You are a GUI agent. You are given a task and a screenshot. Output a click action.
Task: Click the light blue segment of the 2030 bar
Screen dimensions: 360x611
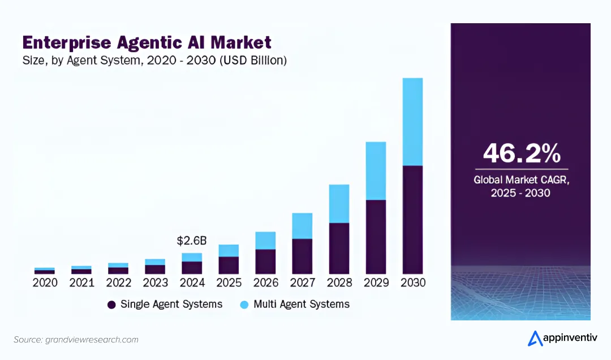pyautogui.click(x=412, y=122)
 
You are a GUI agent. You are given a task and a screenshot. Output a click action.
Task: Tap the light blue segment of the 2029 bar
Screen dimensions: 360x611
pyautogui.click(x=376, y=170)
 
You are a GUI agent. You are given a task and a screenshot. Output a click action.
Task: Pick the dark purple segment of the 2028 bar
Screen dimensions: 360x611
pyautogui.click(x=339, y=248)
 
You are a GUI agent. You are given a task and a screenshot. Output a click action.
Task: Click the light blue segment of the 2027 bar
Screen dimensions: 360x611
pyautogui.click(x=302, y=226)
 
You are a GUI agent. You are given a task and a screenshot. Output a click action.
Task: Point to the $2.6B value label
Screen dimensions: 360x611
pyautogui.click(x=192, y=241)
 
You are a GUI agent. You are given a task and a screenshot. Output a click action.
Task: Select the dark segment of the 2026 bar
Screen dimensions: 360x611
pyautogui.click(x=265, y=262)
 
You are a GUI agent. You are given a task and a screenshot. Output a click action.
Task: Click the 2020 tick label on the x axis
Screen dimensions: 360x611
pyautogui.click(x=45, y=282)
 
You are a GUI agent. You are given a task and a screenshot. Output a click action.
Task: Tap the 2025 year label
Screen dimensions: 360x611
pyautogui.click(x=229, y=282)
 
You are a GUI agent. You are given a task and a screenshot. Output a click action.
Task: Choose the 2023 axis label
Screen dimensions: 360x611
pyautogui.click(x=155, y=282)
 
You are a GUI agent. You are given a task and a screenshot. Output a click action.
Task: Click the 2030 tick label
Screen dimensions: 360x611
pyautogui.click(x=412, y=282)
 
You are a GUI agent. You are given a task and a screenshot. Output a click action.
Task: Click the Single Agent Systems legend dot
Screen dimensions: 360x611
pyautogui.click(x=111, y=305)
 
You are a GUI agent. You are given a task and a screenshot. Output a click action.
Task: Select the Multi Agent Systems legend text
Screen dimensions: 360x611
pyautogui.click(x=301, y=304)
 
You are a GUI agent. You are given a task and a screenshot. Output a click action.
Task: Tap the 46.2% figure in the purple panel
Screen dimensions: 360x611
pyautogui.click(x=521, y=153)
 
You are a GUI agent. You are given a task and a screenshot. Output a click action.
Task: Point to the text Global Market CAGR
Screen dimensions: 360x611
pyautogui.click(x=521, y=180)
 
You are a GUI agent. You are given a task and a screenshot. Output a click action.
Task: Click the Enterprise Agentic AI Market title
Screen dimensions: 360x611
pyautogui.click(x=147, y=42)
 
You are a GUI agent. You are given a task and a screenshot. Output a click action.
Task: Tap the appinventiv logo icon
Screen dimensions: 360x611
pyautogui.click(x=535, y=338)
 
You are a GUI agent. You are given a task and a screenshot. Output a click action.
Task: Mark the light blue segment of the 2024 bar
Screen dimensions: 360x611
pyautogui.click(x=192, y=257)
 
